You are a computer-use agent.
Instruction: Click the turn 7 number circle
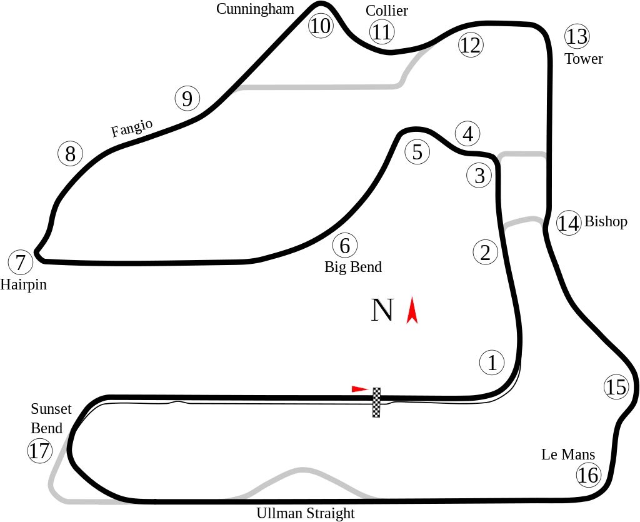click(21, 263)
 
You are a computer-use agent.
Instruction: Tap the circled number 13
click(576, 36)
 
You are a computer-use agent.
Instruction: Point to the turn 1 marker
click(492, 363)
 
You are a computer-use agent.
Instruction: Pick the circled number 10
click(320, 26)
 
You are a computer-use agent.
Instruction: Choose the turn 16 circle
click(587, 475)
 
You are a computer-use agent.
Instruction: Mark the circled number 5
click(417, 152)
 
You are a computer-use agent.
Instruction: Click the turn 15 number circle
click(616, 388)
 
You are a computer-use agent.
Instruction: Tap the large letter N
click(382, 310)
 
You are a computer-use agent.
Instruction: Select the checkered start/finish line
click(376, 403)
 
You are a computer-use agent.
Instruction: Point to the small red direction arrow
click(359, 389)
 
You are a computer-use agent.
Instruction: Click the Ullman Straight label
click(305, 513)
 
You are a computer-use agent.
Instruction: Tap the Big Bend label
click(353, 268)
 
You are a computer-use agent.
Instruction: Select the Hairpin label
click(24, 284)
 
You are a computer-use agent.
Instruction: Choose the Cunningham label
click(255, 8)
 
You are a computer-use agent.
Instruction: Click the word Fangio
click(132, 128)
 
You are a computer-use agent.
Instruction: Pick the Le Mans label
click(567, 454)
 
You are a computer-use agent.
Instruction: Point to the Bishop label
click(606, 221)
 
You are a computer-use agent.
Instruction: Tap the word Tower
click(584, 59)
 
